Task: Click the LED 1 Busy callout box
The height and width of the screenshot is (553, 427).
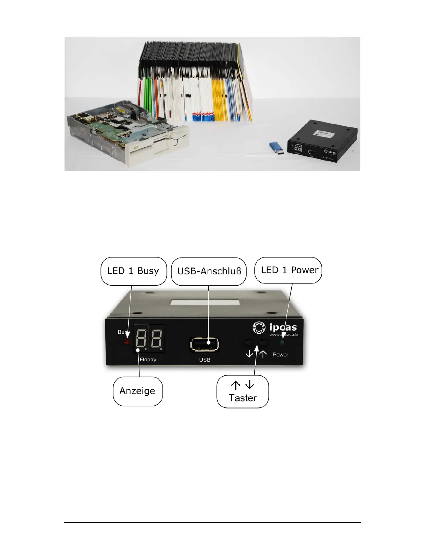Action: tap(133, 271)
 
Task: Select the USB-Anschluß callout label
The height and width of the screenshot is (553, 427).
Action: tap(209, 271)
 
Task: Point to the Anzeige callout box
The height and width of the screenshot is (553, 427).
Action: tap(137, 391)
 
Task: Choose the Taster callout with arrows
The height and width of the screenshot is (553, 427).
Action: tap(242, 392)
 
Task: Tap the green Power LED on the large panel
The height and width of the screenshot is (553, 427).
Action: tap(282, 342)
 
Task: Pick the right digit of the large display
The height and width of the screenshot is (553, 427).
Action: tap(156, 340)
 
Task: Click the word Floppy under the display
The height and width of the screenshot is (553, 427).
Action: tap(148, 360)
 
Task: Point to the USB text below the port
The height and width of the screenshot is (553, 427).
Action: tap(205, 360)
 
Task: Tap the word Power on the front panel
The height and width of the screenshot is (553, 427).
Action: tap(280, 355)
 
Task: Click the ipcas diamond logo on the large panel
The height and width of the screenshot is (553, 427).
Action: tap(259, 327)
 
